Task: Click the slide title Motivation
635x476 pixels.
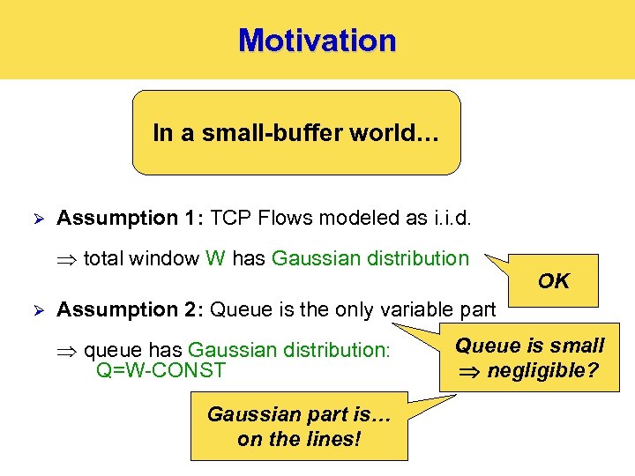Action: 317,41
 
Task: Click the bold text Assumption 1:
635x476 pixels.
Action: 131,218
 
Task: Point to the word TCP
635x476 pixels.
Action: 230,218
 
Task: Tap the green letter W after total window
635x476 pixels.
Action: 215,258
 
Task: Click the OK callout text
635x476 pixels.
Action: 554,281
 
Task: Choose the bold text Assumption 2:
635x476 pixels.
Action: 131,309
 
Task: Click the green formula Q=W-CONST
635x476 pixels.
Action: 161,370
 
